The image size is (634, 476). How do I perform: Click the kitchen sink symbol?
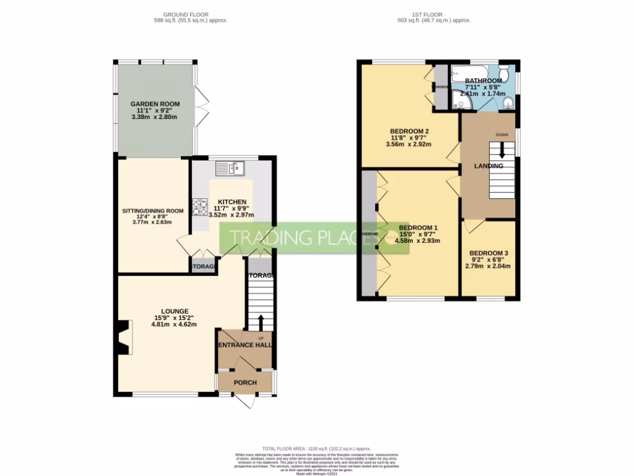pyautogui.click(x=230, y=167)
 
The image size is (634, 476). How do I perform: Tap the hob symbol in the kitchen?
pyautogui.click(x=200, y=207)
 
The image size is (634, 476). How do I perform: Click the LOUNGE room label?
pyautogui.click(x=175, y=311)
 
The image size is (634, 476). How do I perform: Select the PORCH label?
pyautogui.click(x=245, y=382)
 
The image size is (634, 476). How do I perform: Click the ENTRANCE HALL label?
pyautogui.click(x=245, y=345)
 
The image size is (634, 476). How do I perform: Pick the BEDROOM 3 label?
pyautogui.click(x=489, y=253)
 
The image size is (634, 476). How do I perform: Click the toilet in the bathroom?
pyautogui.click(x=505, y=73)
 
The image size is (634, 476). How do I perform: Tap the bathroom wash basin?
pyautogui.click(x=507, y=103)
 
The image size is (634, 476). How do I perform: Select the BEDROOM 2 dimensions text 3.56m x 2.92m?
pyautogui.click(x=409, y=144)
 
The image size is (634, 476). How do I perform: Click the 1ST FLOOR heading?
pyautogui.click(x=434, y=14)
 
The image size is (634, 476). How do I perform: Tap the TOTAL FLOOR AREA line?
pyautogui.click(x=316, y=448)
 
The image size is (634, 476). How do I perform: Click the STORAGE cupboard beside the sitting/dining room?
pyautogui.click(x=203, y=267)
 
